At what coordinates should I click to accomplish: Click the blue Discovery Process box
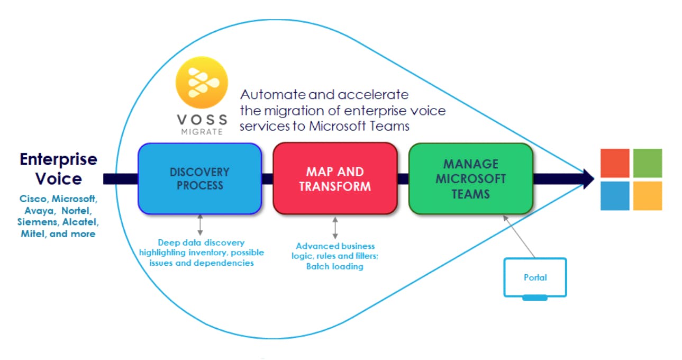pos(199,178)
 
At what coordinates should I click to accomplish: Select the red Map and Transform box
pos(334,178)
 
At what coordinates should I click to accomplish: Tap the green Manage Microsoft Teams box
pos(470,178)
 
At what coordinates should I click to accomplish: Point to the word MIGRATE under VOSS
pos(202,131)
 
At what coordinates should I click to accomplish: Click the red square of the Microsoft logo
pos(615,163)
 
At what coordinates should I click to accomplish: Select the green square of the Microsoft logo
pos(647,163)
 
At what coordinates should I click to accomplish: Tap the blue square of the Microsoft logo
pos(615,195)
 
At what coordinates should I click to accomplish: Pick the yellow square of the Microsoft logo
pos(647,195)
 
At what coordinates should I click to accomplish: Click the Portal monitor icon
pos(535,277)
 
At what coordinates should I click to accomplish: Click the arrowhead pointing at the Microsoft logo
pos(587,179)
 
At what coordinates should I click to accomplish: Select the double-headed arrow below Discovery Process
pos(200,225)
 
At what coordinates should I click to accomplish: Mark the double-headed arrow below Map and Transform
pos(335,228)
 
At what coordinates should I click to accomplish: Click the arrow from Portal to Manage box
pos(519,236)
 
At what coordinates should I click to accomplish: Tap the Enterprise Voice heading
pos(58,169)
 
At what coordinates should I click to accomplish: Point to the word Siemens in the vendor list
pos(38,222)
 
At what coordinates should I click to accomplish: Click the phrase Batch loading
pos(335,266)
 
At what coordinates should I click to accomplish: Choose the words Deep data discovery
pos(201,242)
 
